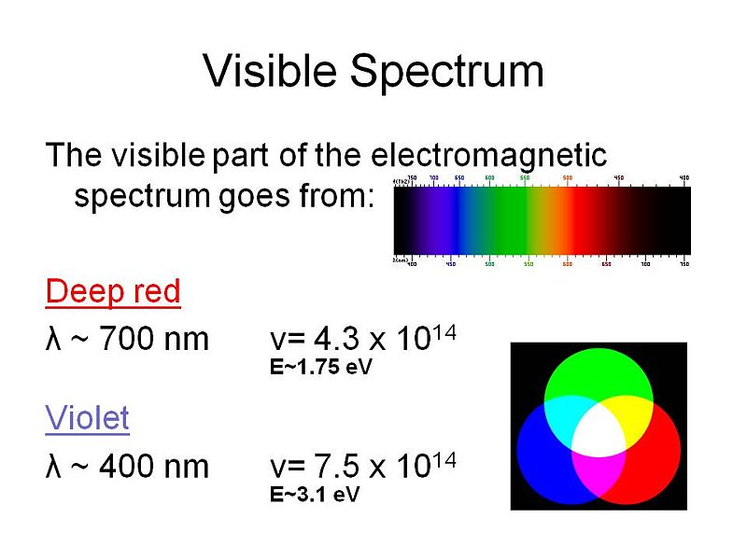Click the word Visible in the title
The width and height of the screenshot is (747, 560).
[263, 72]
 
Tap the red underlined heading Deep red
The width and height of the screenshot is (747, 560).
[112, 292]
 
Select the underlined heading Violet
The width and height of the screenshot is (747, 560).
[87, 419]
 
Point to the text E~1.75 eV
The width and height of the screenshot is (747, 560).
[320, 368]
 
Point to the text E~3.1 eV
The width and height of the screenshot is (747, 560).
[315, 495]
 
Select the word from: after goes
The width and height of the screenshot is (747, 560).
[338, 198]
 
